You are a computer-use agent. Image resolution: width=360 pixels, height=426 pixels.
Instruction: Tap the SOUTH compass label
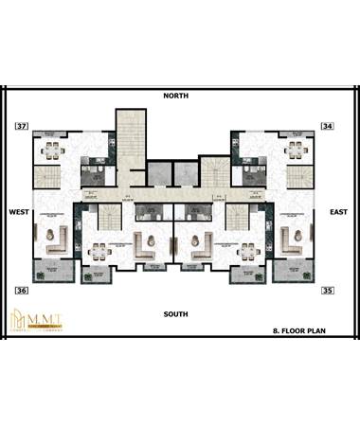tap(175, 313)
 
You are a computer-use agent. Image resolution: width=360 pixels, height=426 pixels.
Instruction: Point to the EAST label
tap(338, 212)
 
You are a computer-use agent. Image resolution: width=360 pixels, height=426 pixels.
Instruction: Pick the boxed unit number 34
tap(327, 126)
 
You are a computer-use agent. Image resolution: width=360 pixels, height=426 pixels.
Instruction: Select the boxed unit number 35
tap(327, 290)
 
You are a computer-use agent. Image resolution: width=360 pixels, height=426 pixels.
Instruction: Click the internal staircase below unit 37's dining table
tap(45, 176)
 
